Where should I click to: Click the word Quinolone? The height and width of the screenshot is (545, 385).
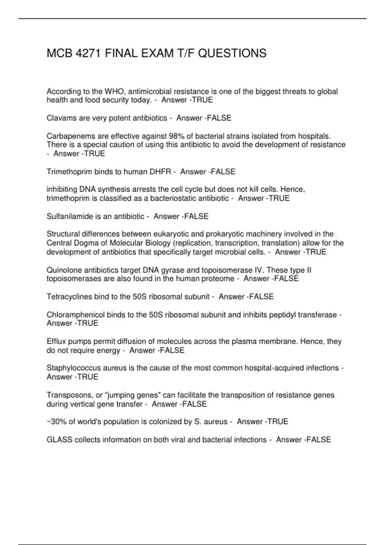point(63,270)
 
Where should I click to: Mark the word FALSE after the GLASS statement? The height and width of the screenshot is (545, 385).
point(319,440)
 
